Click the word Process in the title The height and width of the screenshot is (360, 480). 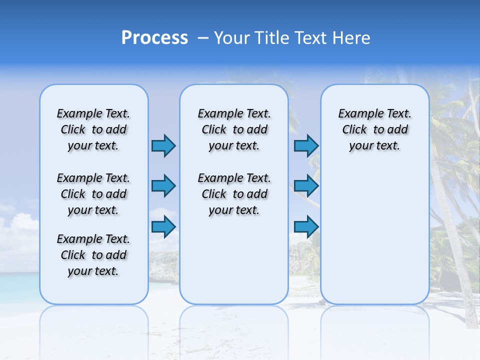[154, 38]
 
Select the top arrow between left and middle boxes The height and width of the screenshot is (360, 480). [163, 145]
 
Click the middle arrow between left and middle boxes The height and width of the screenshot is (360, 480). [163, 186]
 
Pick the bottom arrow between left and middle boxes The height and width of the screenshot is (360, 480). [163, 227]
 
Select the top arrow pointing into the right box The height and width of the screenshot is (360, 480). [306, 145]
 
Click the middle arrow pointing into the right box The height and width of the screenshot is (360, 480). [306, 186]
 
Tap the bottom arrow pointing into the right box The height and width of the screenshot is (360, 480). [306, 227]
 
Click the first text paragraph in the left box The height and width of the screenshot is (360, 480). [93, 129]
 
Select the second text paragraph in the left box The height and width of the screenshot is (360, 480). [93, 194]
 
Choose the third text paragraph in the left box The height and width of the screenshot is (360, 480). [93, 255]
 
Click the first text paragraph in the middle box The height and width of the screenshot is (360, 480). [234, 129]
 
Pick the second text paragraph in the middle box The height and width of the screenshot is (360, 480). [234, 194]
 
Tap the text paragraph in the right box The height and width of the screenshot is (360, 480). [374, 129]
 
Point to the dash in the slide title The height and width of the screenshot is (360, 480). [203, 38]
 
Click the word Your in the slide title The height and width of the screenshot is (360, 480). [232, 38]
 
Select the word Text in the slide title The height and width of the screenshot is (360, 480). [312, 38]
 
